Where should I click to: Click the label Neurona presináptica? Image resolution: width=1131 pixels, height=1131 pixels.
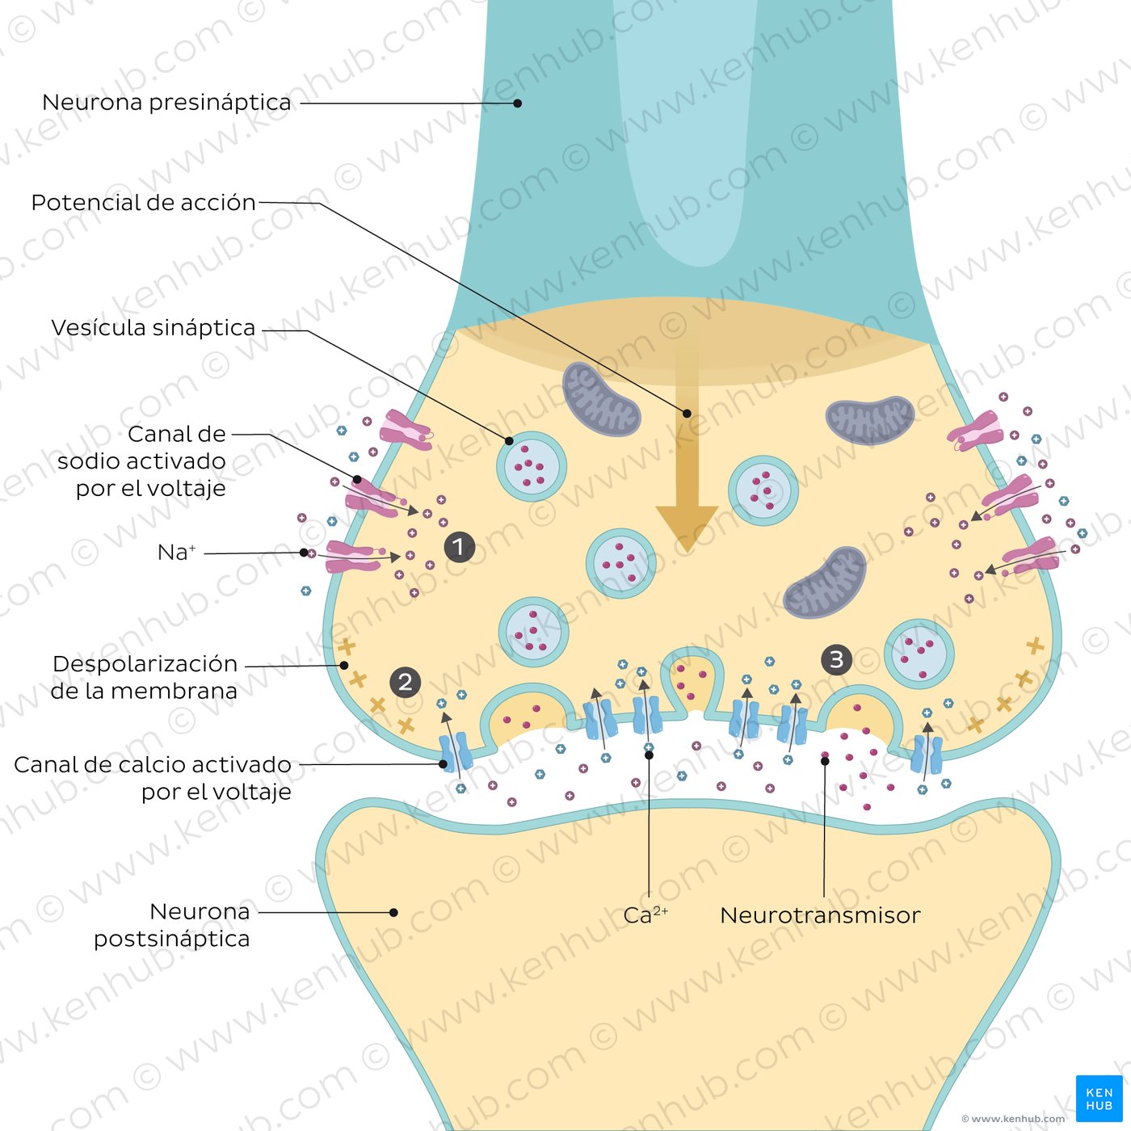point(166,103)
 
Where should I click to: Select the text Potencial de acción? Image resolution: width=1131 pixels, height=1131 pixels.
point(143,202)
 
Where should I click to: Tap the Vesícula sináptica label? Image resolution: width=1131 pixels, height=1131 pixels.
point(153,327)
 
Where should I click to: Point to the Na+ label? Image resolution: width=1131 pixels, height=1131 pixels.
point(176,553)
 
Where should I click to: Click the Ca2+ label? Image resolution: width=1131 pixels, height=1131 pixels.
point(645,915)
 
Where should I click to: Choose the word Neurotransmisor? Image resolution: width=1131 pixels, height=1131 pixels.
point(820,915)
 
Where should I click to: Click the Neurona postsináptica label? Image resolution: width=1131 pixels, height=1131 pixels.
point(172,925)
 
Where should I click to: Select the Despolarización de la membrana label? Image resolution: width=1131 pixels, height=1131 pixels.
point(145,677)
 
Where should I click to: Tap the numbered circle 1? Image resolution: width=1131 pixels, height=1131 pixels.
point(459,547)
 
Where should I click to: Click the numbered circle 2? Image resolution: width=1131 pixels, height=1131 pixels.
point(406,682)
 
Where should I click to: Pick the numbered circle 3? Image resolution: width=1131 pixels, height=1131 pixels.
point(836,660)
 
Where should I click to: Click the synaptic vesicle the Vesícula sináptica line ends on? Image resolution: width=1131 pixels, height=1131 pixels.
point(531,467)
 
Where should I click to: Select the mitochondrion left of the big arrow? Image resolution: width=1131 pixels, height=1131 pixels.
point(600,399)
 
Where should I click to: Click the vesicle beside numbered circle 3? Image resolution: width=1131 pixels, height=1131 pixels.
point(919,653)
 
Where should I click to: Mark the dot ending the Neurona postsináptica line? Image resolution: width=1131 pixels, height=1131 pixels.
point(393,913)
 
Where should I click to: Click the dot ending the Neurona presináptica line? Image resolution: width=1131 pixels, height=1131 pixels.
point(517,103)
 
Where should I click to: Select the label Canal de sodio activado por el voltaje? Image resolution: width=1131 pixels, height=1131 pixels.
point(142,460)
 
